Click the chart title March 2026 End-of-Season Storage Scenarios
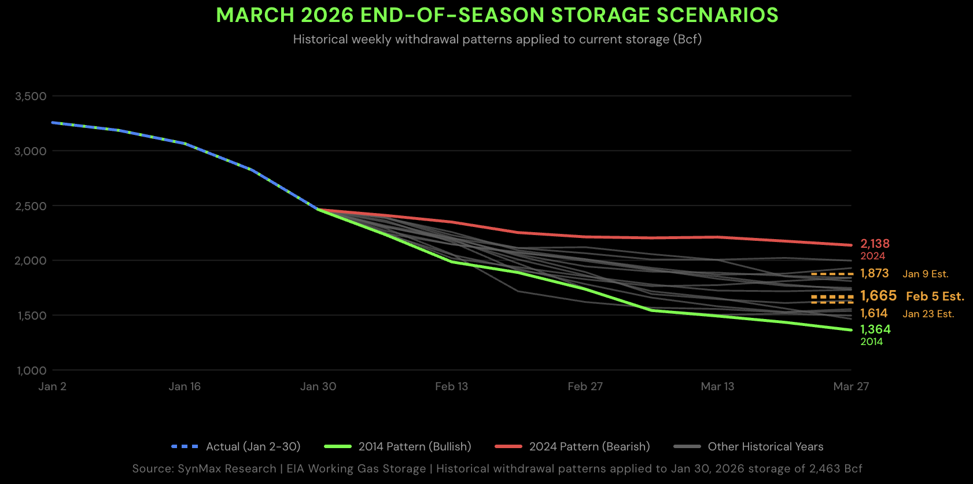click(497, 15)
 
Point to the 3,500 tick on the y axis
click(31, 96)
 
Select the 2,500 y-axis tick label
click(31, 206)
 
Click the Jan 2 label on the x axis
click(52, 387)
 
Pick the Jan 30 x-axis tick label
click(318, 387)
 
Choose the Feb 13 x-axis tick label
click(451, 387)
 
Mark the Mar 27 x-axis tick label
click(851, 387)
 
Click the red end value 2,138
click(875, 244)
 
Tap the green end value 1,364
click(875, 329)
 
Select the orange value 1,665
click(878, 296)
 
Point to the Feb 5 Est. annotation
click(935, 296)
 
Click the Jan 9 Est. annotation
click(926, 274)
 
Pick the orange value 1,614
click(874, 313)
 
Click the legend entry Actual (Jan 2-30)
click(253, 446)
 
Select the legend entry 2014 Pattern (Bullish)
click(414, 446)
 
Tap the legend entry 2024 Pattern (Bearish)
click(589, 446)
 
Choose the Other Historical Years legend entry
click(765, 446)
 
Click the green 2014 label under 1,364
click(871, 342)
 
